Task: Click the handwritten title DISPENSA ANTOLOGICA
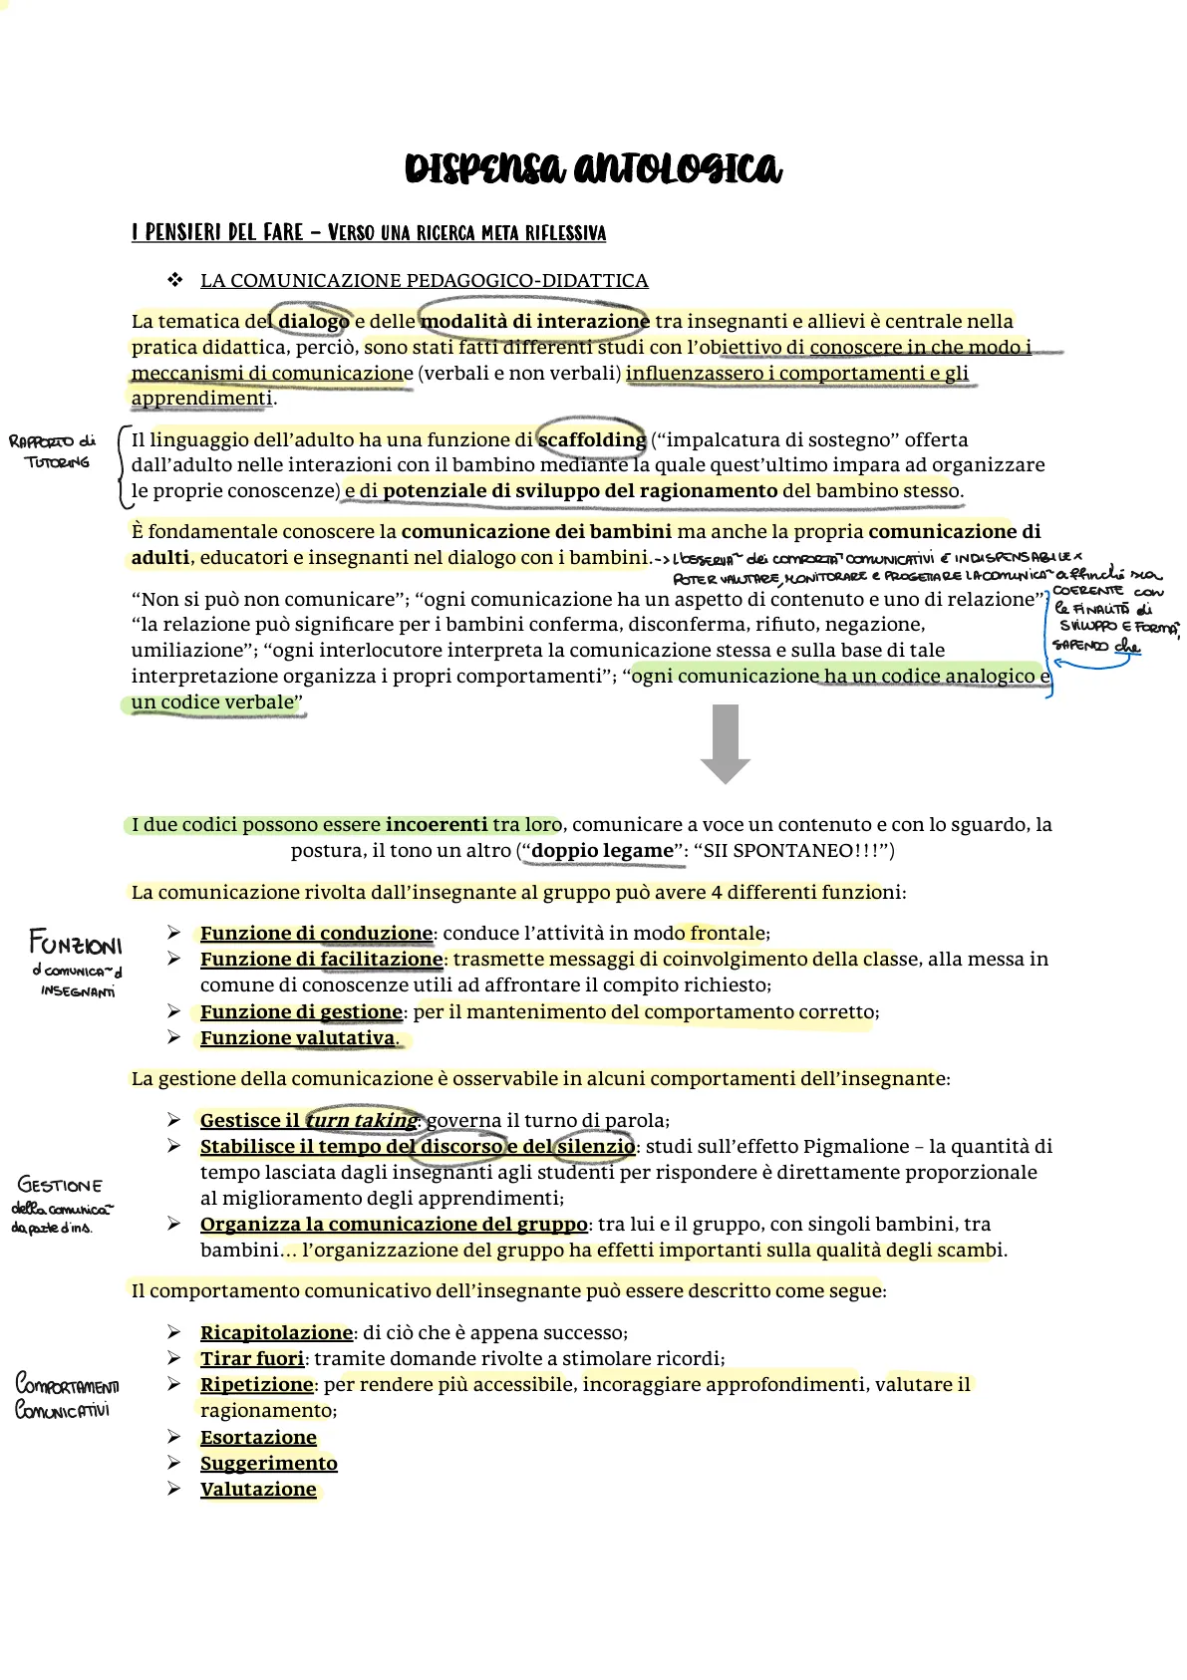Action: click(x=593, y=167)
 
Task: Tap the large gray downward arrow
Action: click(x=726, y=743)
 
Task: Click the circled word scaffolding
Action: click(x=592, y=439)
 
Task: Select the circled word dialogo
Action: click(x=313, y=321)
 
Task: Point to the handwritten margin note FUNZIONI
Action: click(x=76, y=942)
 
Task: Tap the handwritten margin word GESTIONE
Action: click(x=60, y=1185)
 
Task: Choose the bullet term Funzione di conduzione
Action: click(x=316, y=934)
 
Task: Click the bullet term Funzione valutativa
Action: click(x=297, y=1037)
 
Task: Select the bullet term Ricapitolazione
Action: click(x=276, y=1332)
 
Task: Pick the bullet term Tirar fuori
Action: click(x=251, y=1358)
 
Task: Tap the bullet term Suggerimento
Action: click(x=268, y=1463)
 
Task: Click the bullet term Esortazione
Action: click(x=258, y=1437)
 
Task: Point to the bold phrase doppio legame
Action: click(x=602, y=850)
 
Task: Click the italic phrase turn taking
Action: click(x=361, y=1120)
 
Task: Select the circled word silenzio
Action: click(x=595, y=1146)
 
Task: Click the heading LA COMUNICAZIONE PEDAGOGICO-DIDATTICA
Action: click(x=424, y=280)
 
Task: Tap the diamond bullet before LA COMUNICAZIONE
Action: click(x=175, y=280)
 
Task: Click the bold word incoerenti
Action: click(x=437, y=824)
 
